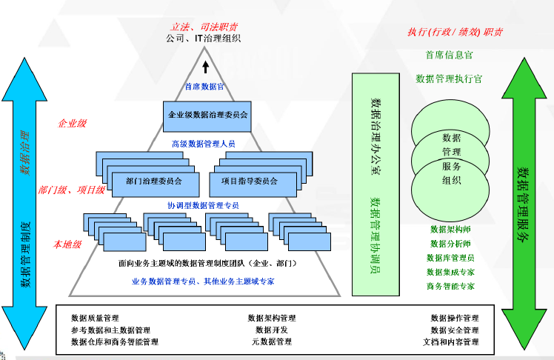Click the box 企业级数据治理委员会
click(207, 116)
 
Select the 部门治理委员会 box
click(153, 180)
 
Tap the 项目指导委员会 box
click(249, 180)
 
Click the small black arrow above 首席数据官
click(206, 71)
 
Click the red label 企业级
click(72, 124)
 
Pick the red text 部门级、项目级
click(72, 190)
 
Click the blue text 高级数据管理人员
click(204, 144)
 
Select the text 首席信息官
click(450, 55)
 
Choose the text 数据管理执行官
click(450, 78)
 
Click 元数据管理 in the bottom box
click(272, 342)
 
